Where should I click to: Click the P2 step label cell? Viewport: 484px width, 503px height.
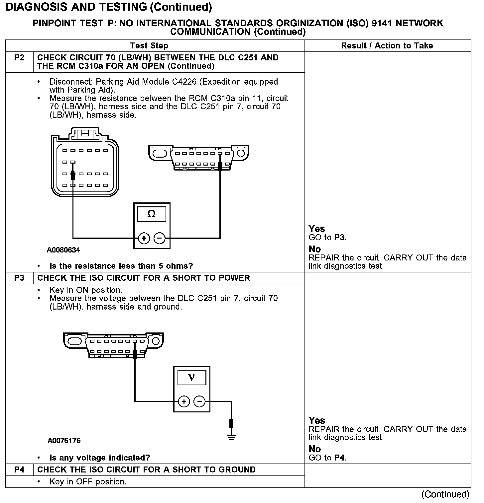(19, 58)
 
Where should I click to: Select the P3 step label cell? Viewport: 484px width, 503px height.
(19, 278)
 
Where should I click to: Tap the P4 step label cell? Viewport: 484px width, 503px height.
(19, 470)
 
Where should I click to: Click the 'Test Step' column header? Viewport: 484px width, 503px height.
(149, 46)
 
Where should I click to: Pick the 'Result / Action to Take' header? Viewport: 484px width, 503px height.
(387, 46)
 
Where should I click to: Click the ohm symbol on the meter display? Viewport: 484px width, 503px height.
(151, 214)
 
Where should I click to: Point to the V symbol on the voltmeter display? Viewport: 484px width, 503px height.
(191, 378)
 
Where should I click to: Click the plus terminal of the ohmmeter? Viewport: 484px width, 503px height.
(144, 238)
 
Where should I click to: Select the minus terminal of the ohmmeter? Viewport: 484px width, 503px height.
(160, 238)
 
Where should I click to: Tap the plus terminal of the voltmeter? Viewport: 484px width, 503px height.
(184, 402)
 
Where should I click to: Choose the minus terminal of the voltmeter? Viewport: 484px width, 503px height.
(199, 402)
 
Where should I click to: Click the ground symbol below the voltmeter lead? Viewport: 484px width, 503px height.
(231, 437)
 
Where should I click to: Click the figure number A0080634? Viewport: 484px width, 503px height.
(63, 250)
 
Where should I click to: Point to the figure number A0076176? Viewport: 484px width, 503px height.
(64, 441)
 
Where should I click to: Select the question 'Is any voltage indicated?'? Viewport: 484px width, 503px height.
(100, 458)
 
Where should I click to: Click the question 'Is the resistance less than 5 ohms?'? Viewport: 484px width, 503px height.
(121, 266)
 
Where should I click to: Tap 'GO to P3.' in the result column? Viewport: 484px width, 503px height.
(328, 238)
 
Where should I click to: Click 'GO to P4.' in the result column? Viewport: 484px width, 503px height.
(328, 458)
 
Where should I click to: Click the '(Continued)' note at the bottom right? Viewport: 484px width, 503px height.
(445, 494)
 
